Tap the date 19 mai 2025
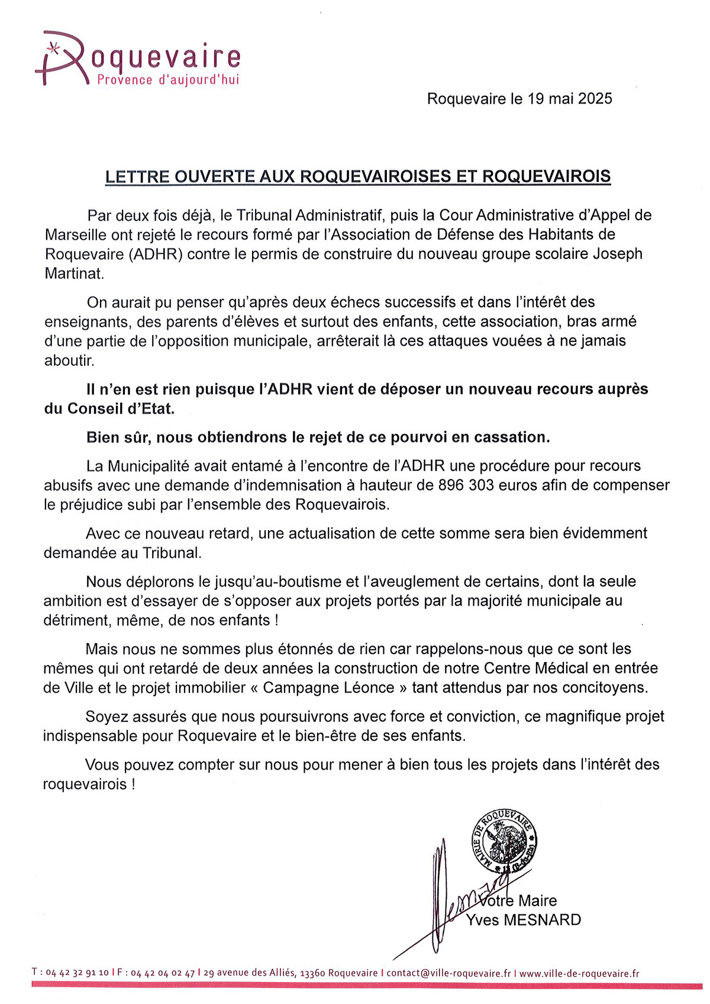[x=569, y=98]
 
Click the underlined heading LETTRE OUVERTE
[x=357, y=176]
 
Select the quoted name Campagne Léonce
[x=328, y=687]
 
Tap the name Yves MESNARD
[x=523, y=920]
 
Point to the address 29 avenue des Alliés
[x=250, y=973]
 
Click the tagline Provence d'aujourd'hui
[x=168, y=80]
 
